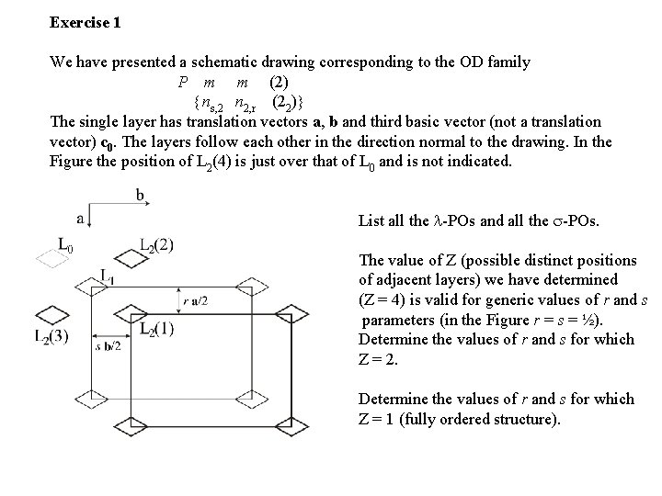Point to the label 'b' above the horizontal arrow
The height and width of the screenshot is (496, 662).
point(141,195)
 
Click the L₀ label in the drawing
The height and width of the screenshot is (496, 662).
point(66,244)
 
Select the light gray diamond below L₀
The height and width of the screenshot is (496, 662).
point(51,260)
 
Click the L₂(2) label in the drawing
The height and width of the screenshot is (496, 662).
point(156,245)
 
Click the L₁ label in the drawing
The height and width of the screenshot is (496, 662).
point(107,274)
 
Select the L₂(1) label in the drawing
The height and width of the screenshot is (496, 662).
point(158,329)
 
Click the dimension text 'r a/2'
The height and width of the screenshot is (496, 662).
point(196,300)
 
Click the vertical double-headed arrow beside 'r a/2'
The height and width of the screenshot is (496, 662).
point(179,301)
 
